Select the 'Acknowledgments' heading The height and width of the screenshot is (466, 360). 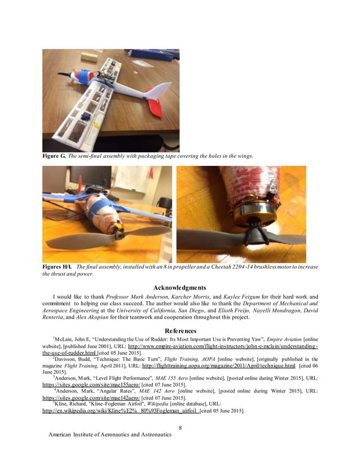pos(180,287)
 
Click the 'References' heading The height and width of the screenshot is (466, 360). pos(180,330)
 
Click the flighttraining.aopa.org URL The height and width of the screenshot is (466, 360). pos(215,366)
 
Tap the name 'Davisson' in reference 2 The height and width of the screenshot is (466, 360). pos(69,359)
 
